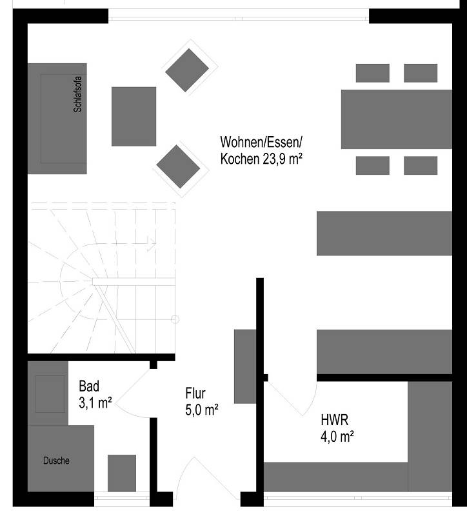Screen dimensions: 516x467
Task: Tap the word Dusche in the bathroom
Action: click(x=56, y=461)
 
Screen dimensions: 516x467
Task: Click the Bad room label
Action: click(x=89, y=387)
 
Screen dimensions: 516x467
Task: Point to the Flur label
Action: click(x=196, y=393)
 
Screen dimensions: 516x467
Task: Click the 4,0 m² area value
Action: click(x=337, y=437)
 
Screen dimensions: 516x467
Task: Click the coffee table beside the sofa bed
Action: click(x=134, y=116)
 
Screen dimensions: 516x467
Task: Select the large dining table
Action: click(x=396, y=119)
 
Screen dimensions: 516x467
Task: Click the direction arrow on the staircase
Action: click(x=150, y=243)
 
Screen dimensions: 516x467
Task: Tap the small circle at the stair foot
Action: click(x=175, y=319)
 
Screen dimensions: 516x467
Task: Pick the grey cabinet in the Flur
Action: click(x=245, y=366)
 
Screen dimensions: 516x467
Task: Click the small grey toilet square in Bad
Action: click(x=121, y=473)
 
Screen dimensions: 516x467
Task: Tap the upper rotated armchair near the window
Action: click(x=187, y=70)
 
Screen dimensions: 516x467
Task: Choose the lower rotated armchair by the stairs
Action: click(x=178, y=166)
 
